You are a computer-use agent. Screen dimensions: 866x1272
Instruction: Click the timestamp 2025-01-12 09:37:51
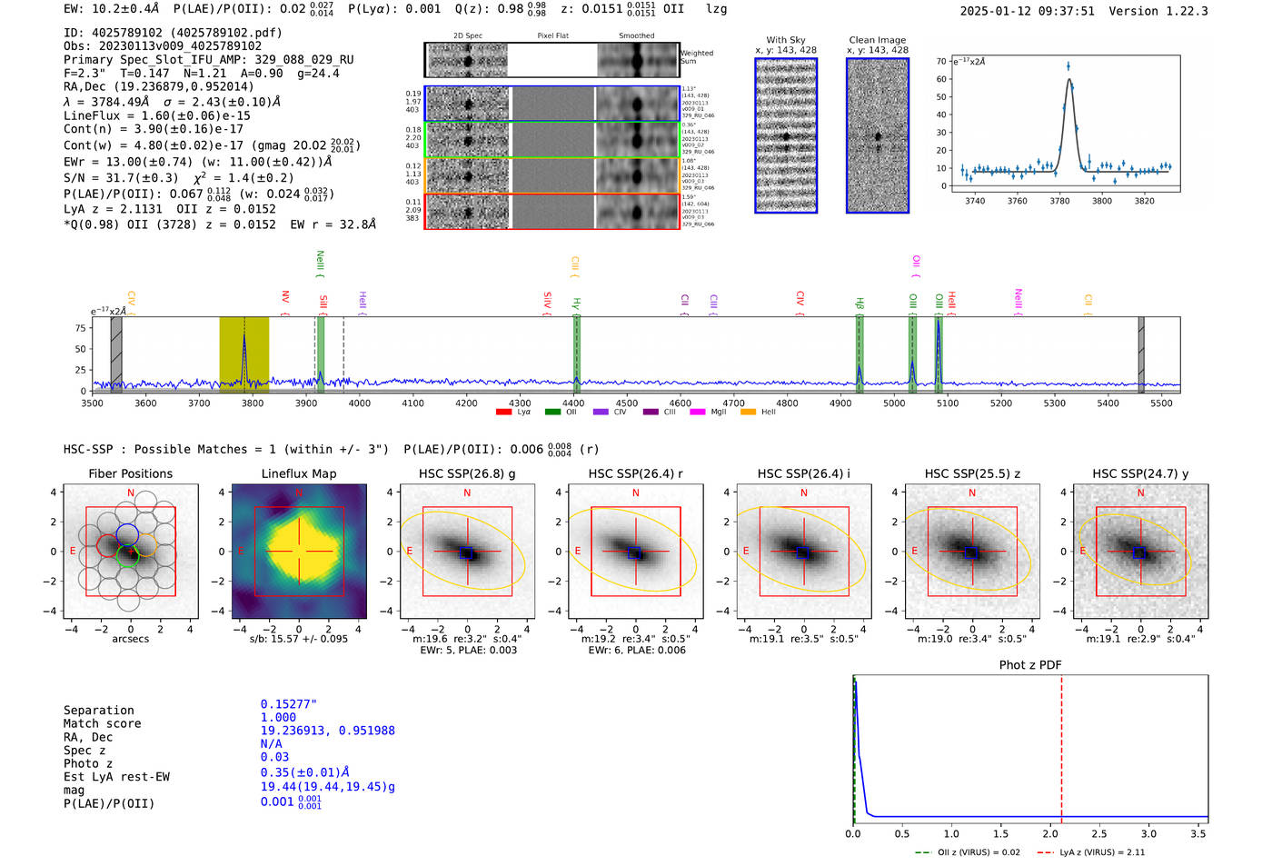click(x=1027, y=11)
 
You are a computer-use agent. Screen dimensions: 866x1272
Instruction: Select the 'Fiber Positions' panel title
click(x=130, y=473)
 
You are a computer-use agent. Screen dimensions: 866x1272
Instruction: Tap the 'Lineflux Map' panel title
click(x=298, y=473)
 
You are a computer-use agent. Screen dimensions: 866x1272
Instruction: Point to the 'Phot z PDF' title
click(x=1030, y=664)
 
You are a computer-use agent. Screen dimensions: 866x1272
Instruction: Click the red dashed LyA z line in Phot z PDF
click(x=1061, y=745)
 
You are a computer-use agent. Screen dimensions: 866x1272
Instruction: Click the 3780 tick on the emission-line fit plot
click(x=1059, y=201)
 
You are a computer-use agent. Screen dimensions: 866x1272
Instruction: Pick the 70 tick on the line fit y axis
click(x=941, y=62)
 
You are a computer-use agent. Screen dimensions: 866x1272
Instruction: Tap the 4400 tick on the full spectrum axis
click(x=573, y=403)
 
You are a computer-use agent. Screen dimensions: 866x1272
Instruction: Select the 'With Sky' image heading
click(x=786, y=40)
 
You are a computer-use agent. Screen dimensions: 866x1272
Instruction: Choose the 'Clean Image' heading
click(x=878, y=40)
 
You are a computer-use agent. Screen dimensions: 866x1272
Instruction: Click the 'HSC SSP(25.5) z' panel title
click(x=972, y=473)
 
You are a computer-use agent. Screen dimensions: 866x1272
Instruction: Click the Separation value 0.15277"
click(x=288, y=704)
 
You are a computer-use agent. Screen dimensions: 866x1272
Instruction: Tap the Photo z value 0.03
click(x=274, y=757)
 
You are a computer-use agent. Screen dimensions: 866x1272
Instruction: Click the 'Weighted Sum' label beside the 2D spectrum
click(x=697, y=56)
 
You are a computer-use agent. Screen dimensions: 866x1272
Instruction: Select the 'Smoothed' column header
click(x=636, y=35)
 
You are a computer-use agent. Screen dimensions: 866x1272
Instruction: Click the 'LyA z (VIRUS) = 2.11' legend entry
click(x=1101, y=852)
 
